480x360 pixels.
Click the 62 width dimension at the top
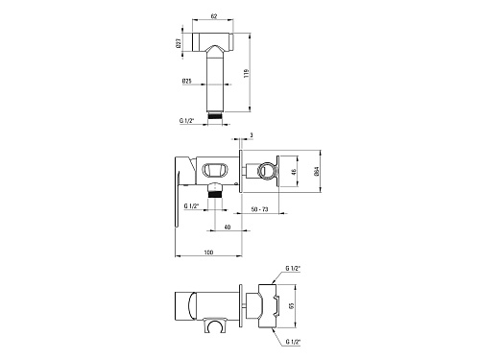click(214, 16)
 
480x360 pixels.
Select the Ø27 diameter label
click(179, 43)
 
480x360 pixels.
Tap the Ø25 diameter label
click(187, 82)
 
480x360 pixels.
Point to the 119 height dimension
click(246, 73)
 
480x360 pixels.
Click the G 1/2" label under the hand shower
click(187, 121)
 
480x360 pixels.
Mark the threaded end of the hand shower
click(215, 115)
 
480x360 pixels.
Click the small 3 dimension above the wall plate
click(252, 135)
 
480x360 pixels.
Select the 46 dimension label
click(294, 171)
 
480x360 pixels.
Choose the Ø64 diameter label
click(317, 171)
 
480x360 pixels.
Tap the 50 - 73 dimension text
click(260, 209)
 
